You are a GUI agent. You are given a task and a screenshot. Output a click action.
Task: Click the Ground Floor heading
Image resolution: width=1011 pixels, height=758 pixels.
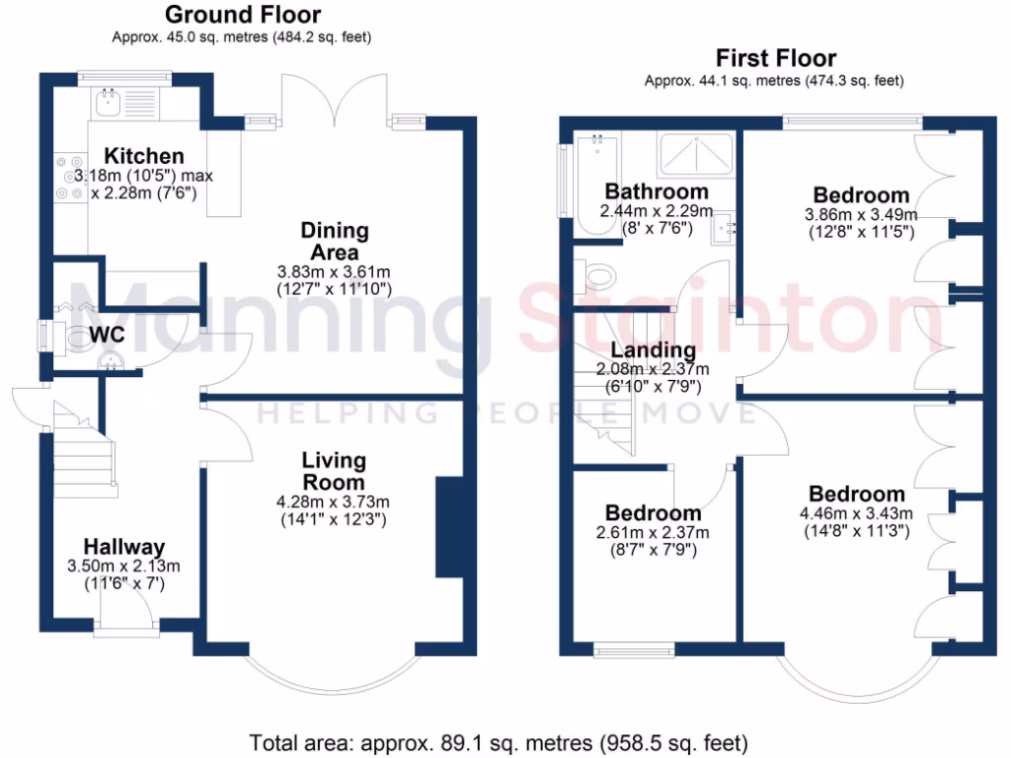242,15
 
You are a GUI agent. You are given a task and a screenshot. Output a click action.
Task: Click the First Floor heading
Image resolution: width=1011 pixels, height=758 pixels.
776,58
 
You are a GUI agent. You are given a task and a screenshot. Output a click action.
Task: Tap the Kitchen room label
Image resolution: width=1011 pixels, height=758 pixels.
145,156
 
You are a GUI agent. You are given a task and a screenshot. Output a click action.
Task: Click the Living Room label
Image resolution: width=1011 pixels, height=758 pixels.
334,471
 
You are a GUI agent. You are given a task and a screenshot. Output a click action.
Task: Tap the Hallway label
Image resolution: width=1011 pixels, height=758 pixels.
123,547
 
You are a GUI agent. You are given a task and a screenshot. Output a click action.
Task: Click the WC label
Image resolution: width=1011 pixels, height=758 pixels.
107,336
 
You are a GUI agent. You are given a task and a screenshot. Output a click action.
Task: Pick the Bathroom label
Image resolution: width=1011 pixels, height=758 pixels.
657,190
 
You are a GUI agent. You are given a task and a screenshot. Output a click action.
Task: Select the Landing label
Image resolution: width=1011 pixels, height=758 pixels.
653,349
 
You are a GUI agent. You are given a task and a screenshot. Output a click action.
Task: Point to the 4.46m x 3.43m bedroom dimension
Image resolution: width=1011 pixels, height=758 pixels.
856,513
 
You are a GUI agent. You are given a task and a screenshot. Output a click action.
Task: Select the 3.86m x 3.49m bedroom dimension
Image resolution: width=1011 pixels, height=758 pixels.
861,214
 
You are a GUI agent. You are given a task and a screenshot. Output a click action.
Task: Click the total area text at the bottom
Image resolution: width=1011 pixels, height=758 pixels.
499,742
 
